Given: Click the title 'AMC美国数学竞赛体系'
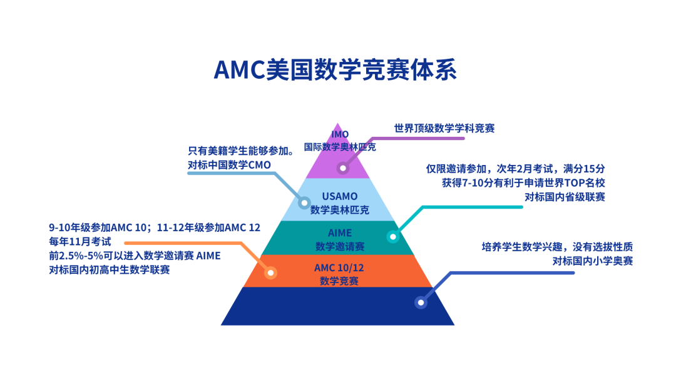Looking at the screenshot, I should click(335, 70).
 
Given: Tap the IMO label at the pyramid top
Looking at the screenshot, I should click(340, 134).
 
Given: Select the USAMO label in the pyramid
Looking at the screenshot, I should click(339, 197).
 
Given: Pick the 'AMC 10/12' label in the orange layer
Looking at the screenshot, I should click(339, 267).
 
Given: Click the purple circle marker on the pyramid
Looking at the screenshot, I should click(342, 168).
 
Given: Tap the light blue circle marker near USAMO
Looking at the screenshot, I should click(304, 203).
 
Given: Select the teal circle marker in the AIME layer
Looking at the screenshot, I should click(392, 237).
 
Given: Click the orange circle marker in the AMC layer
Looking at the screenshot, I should click(271, 272).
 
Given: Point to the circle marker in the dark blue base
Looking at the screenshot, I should click(421, 302).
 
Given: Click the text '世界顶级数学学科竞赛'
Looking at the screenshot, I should click(444, 128).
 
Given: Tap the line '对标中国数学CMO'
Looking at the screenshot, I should click(228, 165).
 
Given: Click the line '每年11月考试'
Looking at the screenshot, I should click(79, 241).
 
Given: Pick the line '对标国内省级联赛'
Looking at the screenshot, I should click(565, 197).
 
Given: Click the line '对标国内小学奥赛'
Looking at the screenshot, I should click(592, 261).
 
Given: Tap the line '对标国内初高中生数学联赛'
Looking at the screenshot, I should click(110, 269).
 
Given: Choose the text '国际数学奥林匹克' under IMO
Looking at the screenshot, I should click(340, 147).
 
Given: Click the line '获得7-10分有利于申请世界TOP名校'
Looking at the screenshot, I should click(523, 182).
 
